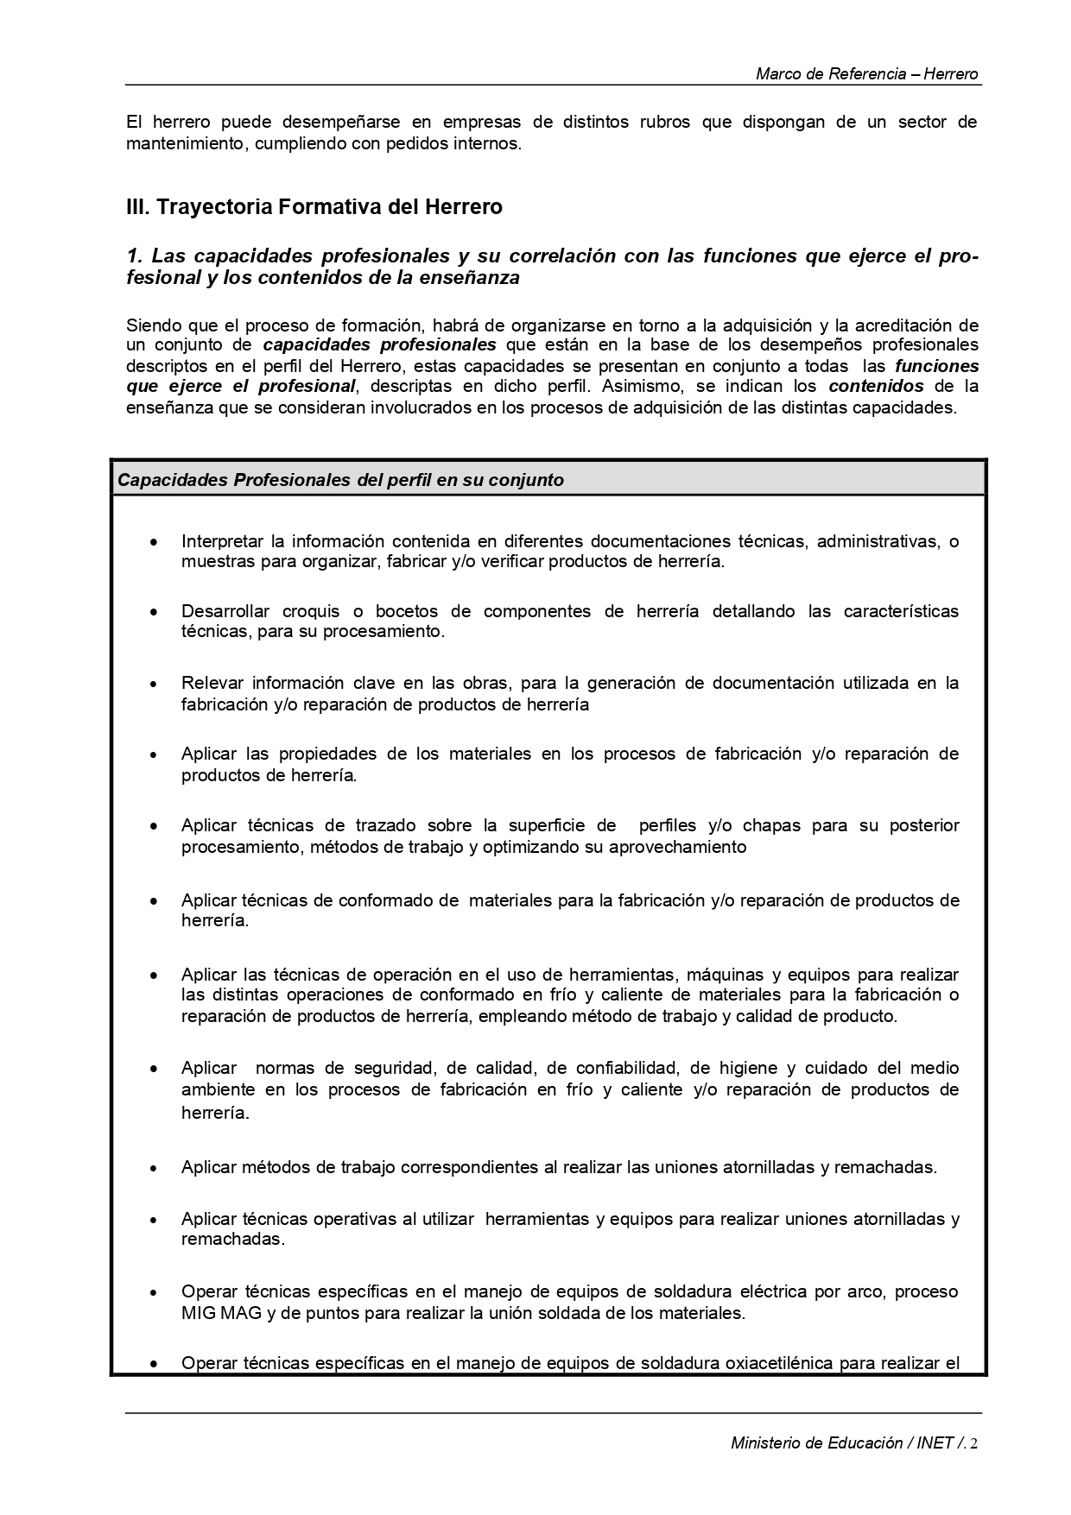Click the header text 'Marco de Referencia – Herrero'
866,74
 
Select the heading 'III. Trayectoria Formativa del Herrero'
314,207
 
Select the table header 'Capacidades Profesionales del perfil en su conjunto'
340,480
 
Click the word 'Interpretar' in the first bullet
221,541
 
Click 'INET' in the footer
935,1443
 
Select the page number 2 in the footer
973,1443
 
